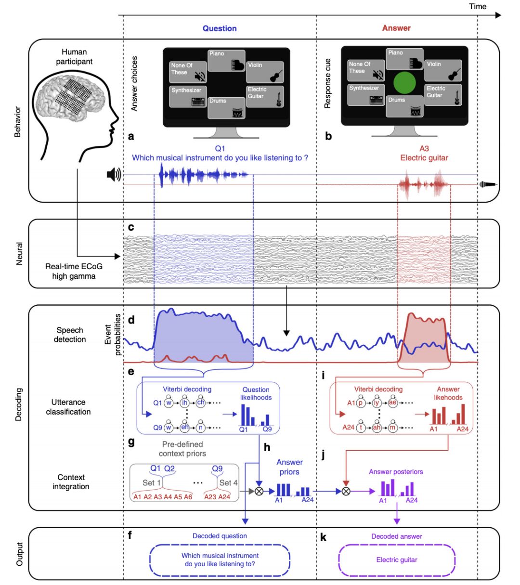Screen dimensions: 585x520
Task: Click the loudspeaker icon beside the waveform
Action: pos(114,175)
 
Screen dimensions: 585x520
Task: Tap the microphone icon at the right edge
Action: pos(488,184)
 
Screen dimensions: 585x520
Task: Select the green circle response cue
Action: pos(404,83)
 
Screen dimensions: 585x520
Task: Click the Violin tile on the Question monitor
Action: pos(264,72)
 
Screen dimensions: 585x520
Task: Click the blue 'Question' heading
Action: pos(220,28)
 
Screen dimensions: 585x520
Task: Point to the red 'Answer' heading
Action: pos(396,28)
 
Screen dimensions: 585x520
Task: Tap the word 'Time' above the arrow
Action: pos(478,6)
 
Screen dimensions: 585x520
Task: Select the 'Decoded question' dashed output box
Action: pos(220,560)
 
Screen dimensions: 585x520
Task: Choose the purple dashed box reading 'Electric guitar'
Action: pos(397,560)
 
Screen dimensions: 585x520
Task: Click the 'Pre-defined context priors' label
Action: pos(182,449)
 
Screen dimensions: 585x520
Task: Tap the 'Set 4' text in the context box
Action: pos(228,482)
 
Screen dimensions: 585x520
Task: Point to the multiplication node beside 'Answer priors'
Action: pos(259,491)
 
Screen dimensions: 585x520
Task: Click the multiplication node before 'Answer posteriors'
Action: pos(345,491)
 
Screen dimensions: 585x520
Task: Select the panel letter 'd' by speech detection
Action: pos(131,320)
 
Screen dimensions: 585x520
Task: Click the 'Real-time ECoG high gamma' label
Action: pos(74,271)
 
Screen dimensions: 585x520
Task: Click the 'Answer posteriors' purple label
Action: pos(396,472)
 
